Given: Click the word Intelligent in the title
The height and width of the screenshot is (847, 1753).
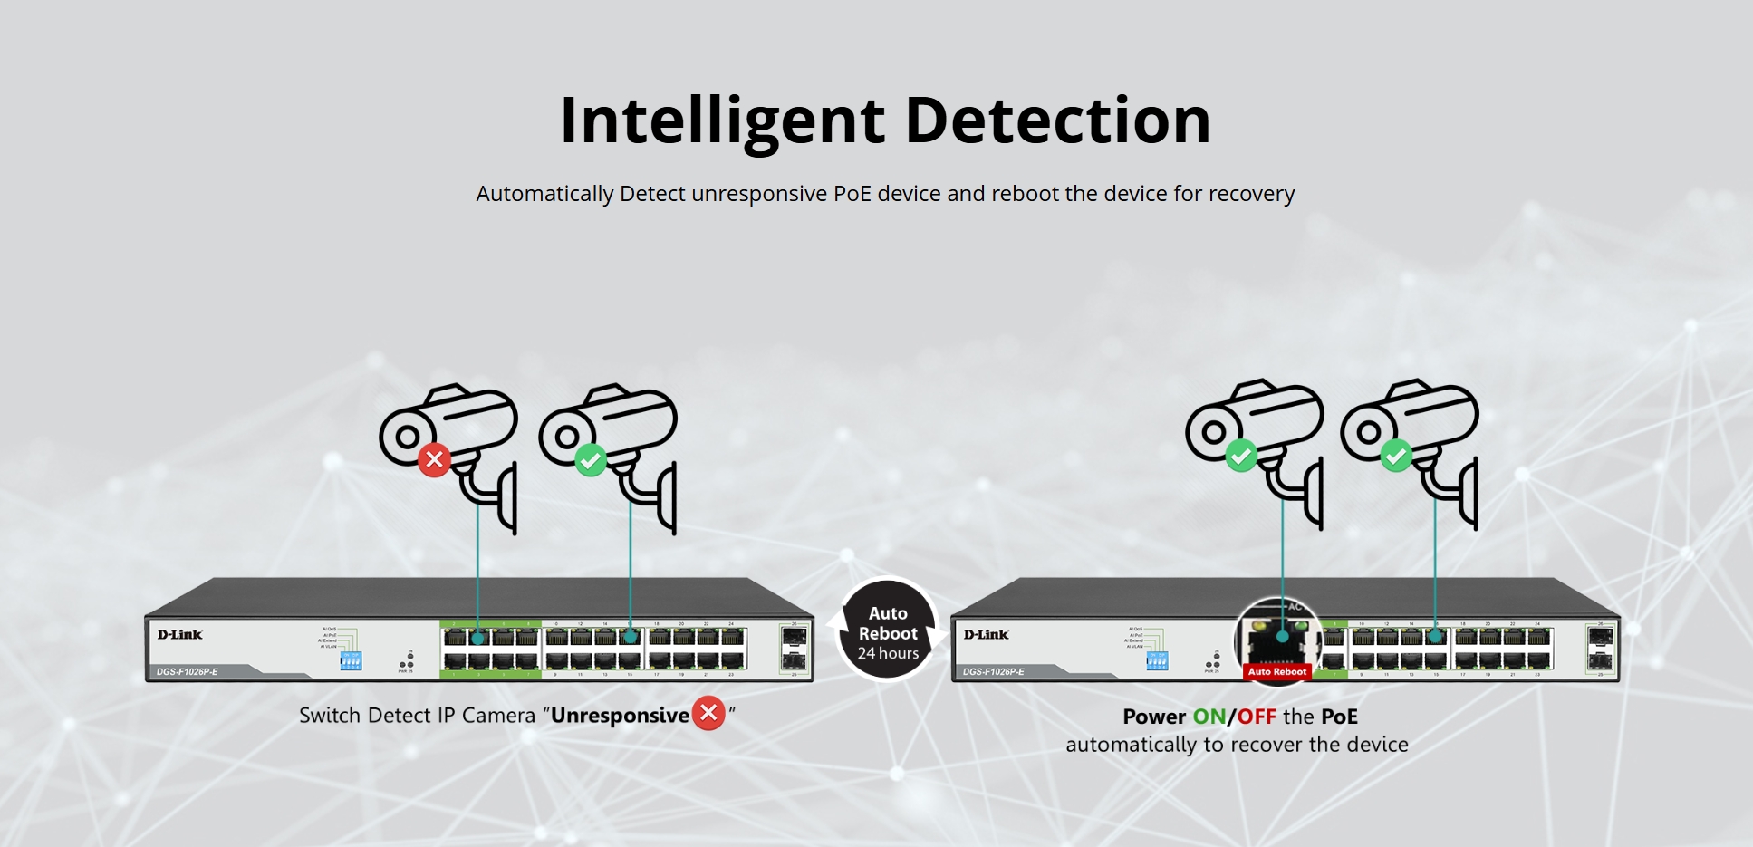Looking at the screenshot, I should click(x=722, y=120).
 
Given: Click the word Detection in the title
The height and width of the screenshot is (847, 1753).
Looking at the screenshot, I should click(x=1057, y=120).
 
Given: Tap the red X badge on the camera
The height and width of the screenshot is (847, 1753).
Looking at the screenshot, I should click(x=435, y=459).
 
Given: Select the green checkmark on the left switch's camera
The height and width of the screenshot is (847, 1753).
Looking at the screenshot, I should click(x=591, y=460).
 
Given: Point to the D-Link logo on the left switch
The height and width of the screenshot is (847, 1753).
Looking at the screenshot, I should click(x=180, y=634).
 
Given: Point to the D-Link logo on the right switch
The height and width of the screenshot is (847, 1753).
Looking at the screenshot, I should click(x=987, y=634).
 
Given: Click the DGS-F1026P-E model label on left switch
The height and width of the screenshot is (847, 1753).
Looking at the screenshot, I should click(x=188, y=672).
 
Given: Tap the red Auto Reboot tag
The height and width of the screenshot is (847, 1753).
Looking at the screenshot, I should click(x=1277, y=671).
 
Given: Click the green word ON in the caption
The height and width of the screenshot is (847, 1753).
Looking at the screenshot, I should click(x=1209, y=717).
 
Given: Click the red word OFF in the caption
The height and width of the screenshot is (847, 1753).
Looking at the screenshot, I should click(x=1257, y=717).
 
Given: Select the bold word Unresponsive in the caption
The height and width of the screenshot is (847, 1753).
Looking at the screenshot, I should click(x=620, y=716).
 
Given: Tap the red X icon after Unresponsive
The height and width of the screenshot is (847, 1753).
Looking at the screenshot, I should click(x=708, y=714).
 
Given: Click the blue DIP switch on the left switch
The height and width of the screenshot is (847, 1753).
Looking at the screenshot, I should click(x=351, y=660).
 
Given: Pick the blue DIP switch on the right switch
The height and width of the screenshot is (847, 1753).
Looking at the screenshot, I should click(x=1157, y=660).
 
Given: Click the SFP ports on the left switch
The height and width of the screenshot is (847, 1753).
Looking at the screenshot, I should click(x=794, y=649).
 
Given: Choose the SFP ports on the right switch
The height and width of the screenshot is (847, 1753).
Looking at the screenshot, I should click(x=1600, y=649).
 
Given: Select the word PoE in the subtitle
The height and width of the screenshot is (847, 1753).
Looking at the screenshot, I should click(x=852, y=194).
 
